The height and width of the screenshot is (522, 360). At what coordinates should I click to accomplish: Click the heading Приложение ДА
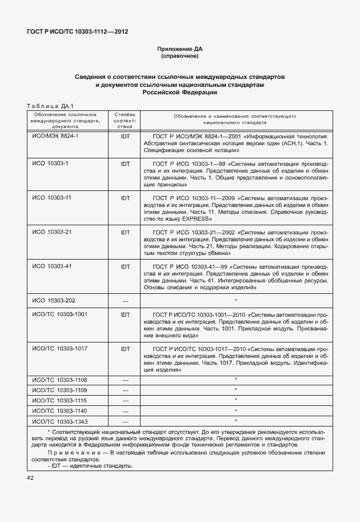179,50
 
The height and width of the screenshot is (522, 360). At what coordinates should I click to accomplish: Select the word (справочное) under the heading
179,57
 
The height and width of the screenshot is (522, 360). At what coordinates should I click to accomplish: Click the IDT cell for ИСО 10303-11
125,197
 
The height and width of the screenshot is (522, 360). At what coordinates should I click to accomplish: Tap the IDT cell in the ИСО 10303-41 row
125,266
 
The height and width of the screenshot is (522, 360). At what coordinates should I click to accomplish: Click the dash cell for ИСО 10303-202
125,301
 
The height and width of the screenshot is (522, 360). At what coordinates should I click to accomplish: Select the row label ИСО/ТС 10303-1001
60,314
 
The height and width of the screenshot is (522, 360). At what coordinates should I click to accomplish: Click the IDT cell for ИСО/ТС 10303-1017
125,348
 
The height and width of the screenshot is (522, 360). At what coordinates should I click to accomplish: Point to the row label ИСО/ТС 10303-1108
60,380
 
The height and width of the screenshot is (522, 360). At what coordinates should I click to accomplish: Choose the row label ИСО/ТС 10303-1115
60,400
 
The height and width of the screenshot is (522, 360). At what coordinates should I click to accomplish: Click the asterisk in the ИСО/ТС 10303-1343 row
235,421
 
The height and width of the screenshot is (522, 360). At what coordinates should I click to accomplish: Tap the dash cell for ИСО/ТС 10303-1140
125,411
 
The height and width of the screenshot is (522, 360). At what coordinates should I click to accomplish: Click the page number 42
29,477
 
